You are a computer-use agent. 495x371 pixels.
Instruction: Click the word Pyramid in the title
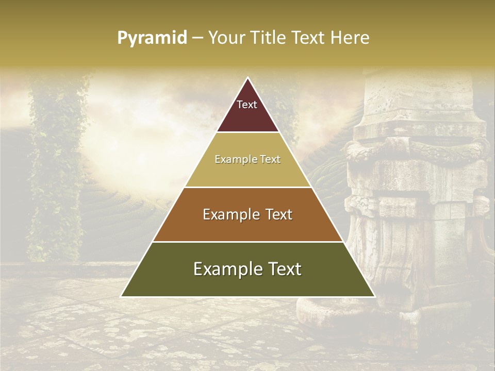(x=152, y=38)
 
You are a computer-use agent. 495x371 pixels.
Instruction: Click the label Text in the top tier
(x=247, y=105)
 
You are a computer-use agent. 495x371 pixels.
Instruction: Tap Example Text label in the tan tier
(x=247, y=159)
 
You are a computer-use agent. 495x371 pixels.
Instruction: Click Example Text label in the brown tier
(x=247, y=214)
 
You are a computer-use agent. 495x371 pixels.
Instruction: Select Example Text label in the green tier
(x=247, y=269)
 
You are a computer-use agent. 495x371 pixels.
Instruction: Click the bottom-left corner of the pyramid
(x=122, y=296)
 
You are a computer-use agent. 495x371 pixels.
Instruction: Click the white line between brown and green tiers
(x=247, y=242)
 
